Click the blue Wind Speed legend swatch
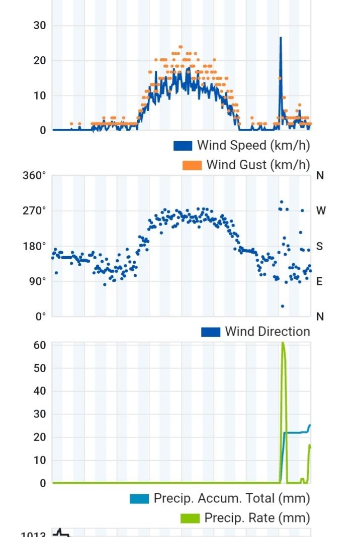pyautogui.click(x=183, y=146)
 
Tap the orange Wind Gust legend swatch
pyautogui.click(x=192, y=165)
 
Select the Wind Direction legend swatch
pyautogui.click(x=211, y=332)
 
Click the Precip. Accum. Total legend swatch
pyautogui.click(x=139, y=499)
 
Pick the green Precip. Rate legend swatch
pyautogui.click(x=190, y=518)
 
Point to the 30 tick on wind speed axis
pyautogui.click(x=40, y=26)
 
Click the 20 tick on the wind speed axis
pyautogui.click(x=40, y=61)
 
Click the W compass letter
pyautogui.click(x=321, y=211)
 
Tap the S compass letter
pyautogui.click(x=320, y=247)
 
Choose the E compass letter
pyautogui.click(x=320, y=282)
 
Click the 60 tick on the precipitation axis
pyautogui.click(x=40, y=345)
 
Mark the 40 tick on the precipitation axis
pyautogui.click(x=40, y=391)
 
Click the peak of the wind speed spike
pyautogui.click(x=281, y=38)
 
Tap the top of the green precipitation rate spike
pyautogui.click(x=283, y=343)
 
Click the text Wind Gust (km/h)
pyautogui.click(x=258, y=165)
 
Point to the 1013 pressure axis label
pyautogui.click(x=33, y=533)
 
